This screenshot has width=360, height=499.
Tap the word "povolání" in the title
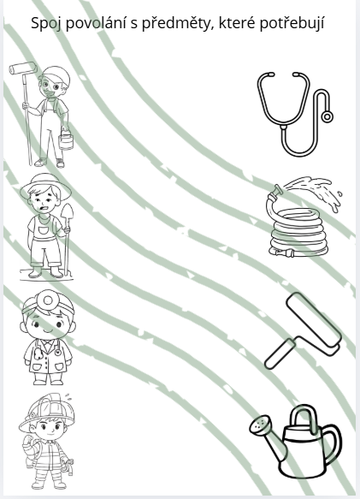click(x=96, y=23)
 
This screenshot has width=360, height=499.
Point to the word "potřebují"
click(x=292, y=23)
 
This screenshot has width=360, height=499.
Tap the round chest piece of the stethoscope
click(x=327, y=116)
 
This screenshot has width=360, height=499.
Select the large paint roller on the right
click(x=303, y=331)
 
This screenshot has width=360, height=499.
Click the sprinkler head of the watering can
click(x=261, y=425)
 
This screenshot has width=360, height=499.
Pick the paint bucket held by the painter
click(x=66, y=141)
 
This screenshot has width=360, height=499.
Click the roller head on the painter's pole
click(x=23, y=68)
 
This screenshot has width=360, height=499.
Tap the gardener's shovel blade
click(x=67, y=215)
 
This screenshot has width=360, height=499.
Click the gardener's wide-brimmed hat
click(x=45, y=186)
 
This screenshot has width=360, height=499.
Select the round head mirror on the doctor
click(x=49, y=300)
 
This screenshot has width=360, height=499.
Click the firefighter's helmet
click(x=46, y=411)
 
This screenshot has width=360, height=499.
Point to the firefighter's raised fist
click(x=29, y=441)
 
